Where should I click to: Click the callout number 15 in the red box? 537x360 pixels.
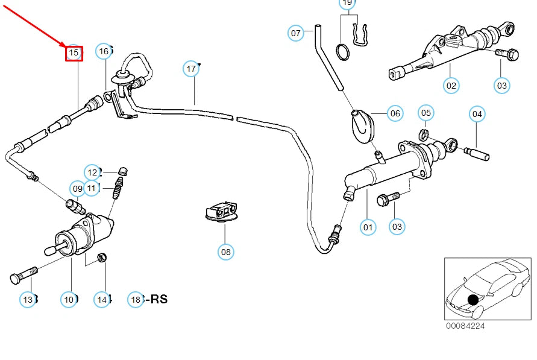[x=74, y=54]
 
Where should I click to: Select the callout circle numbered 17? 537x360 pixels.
[x=191, y=69]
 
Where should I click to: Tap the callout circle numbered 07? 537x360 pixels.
[x=295, y=33]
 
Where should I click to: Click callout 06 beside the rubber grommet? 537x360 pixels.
[x=395, y=113]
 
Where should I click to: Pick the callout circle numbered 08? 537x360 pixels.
[x=225, y=251]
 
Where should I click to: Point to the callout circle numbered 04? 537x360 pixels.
[x=477, y=113]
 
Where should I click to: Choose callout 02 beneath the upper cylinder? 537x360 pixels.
[x=451, y=86]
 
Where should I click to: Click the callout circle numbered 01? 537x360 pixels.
[x=368, y=227]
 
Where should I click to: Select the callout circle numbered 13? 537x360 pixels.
[x=28, y=298]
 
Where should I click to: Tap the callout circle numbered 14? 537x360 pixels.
[x=102, y=298]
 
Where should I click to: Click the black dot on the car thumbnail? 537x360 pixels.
[x=473, y=299]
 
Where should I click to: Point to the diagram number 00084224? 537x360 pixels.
[x=465, y=326]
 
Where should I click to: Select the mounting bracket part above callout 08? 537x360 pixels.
[x=222, y=212]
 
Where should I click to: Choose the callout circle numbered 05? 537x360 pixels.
[x=426, y=113]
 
